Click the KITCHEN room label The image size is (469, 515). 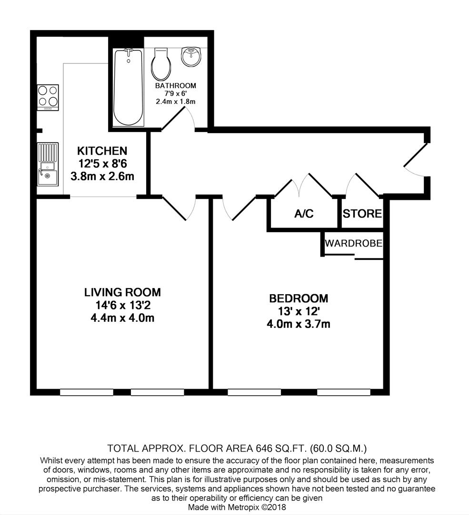(102, 151)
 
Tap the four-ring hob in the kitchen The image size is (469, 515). (48, 97)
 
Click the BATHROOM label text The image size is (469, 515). (175, 86)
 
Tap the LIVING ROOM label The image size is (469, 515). (122, 292)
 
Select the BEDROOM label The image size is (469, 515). (299, 299)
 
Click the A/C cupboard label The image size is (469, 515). (304, 214)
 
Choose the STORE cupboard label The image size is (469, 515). (362, 214)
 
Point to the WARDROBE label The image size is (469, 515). (353, 243)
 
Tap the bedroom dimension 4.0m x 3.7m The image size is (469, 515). (299, 324)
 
